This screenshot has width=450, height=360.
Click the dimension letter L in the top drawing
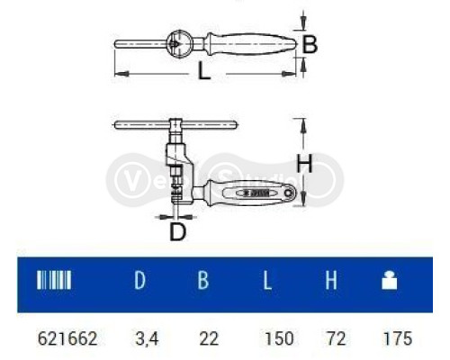pyautogui.click(x=204, y=72)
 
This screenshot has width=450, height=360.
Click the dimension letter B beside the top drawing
pyautogui.click(x=309, y=44)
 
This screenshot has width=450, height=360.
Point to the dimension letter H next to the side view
pyautogui.click(x=306, y=164)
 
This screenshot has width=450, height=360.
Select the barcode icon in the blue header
pyautogui.click(x=53, y=281)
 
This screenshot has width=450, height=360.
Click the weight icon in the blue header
pyautogui.click(x=390, y=281)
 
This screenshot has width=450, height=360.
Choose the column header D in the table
pyautogui.click(x=139, y=281)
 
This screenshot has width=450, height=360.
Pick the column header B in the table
pyautogui.click(x=203, y=281)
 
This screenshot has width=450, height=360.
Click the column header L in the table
pyautogui.click(x=267, y=281)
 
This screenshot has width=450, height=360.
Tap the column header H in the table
pyautogui.click(x=330, y=281)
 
